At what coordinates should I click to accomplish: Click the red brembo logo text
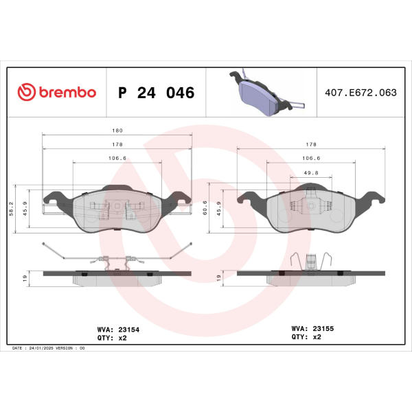[x=67, y=92]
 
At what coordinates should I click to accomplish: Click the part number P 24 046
[x=157, y=93]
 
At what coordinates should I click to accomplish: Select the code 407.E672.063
[x=360, y=93]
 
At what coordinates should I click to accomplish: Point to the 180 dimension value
[x=117, y=130]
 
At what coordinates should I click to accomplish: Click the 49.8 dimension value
[x=311, y=173]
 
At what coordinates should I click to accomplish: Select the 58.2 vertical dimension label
[x=11, y=209]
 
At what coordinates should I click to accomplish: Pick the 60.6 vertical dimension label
[x=205, y=207]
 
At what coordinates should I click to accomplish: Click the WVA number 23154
[x=129, y=330]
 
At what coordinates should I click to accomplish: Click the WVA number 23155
[x=323, y=328]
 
